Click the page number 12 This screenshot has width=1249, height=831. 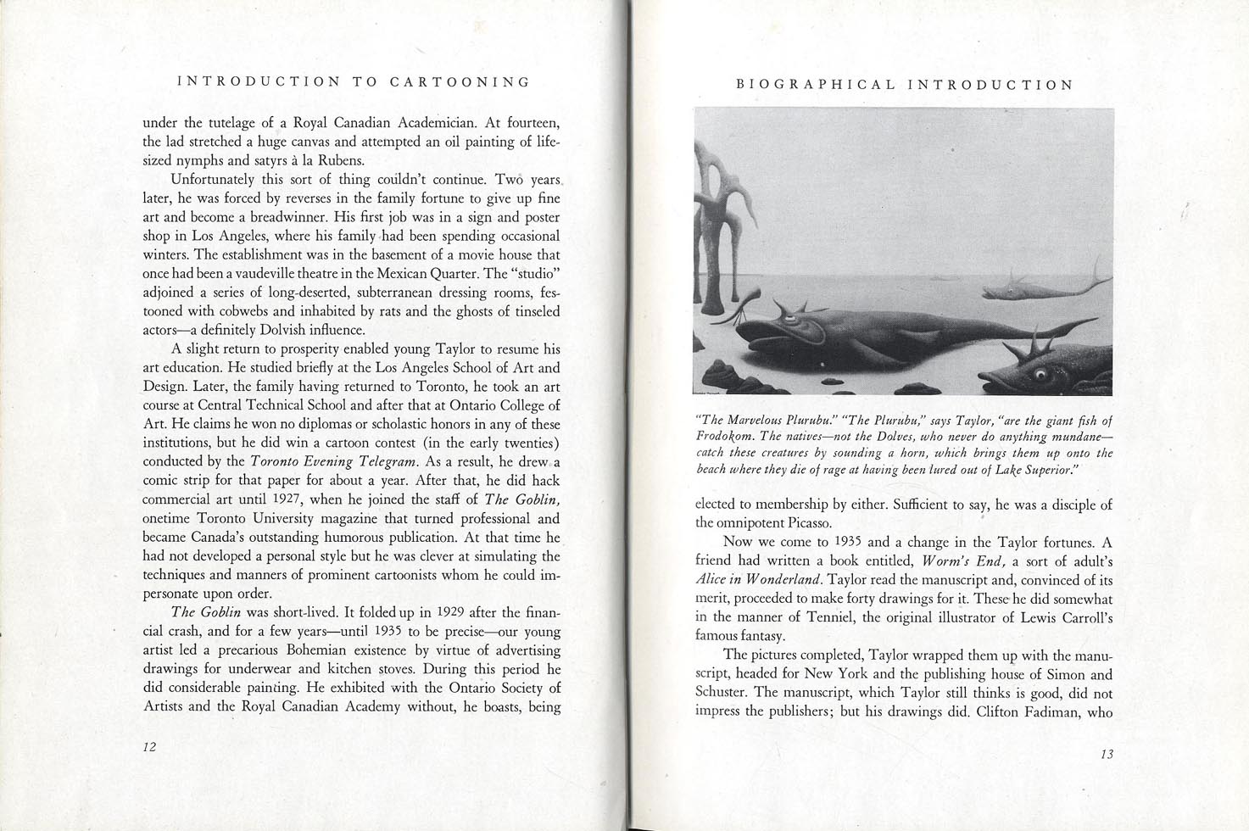click(x=149, y=747)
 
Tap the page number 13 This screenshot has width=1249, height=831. click(x=1106, y=755)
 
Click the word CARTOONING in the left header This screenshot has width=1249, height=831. click(x=460, y=82)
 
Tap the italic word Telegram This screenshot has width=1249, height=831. click(x=388, y=462)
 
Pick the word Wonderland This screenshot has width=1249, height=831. click(x=781, y=580)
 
